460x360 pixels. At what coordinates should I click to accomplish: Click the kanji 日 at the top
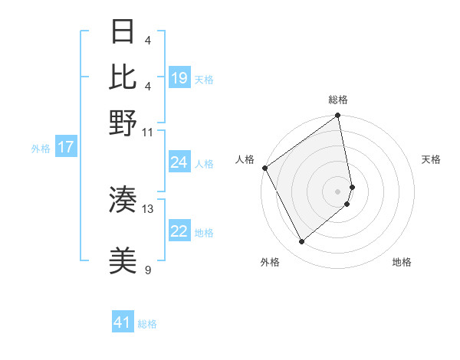point(123,31)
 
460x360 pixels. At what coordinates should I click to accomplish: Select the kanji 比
point(123,77)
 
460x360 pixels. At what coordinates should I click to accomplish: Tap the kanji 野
point(123,123)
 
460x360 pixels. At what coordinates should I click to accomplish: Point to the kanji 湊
point(123,200)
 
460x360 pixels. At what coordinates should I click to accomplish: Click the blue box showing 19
point(179,77)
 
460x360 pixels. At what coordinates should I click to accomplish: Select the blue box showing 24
point(179,162)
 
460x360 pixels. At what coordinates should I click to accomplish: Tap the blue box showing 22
point(179,231)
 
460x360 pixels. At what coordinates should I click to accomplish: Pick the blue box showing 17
point(65,147)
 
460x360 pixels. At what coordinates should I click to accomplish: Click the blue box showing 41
point(123,322)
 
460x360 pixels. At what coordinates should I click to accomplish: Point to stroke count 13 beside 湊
point(148,208)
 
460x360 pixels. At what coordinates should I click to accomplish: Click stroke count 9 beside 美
point(148,270)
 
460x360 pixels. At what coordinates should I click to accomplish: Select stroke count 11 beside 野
point(148,132)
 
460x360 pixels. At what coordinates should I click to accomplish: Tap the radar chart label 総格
point(338,100)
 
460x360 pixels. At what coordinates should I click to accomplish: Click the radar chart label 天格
point(431,159)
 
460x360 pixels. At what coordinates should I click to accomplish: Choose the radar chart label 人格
point(245,159)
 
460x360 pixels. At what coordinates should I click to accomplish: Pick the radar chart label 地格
point(402,262)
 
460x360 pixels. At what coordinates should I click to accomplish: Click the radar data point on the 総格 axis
point(338,116)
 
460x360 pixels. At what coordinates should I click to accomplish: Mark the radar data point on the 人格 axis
point(264,168)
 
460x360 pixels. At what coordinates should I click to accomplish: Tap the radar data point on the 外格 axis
point(301,242)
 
